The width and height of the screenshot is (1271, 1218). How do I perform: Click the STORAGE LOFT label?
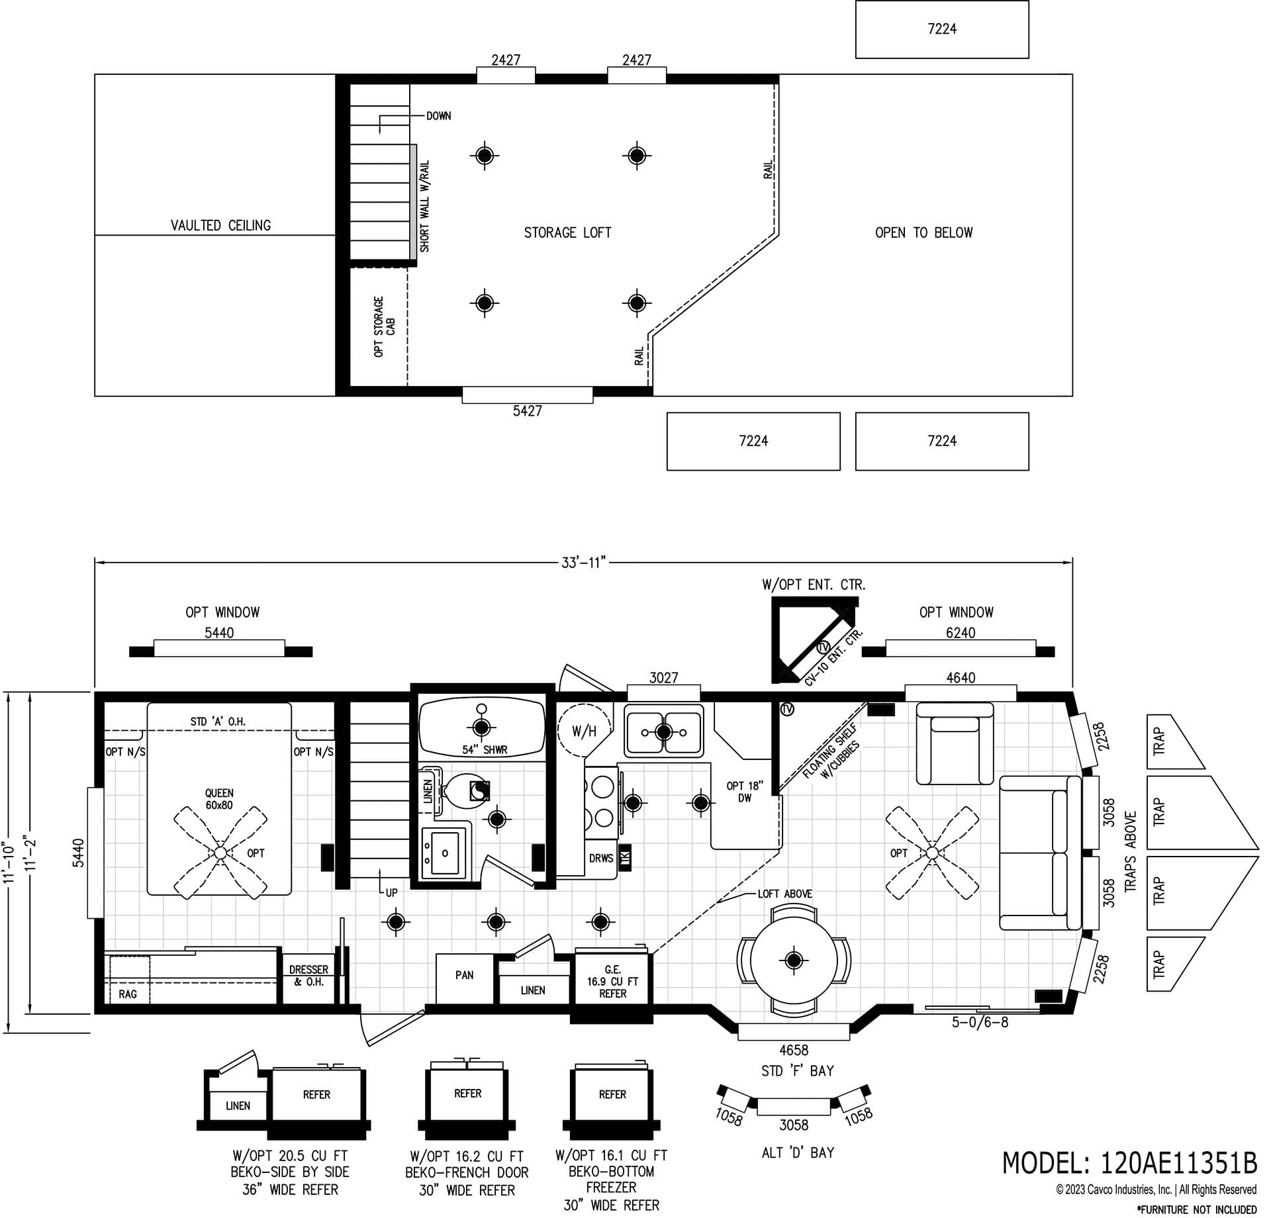coord(567,232)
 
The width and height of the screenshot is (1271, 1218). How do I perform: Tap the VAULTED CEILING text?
coord(220,225)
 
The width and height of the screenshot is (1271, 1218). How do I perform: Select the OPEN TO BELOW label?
coord(923,232)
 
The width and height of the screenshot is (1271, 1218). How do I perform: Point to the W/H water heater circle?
coord(584,731)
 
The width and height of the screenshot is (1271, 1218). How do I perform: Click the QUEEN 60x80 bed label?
coord(219,799)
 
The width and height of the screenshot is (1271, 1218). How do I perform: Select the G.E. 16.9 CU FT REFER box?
coord(612,982)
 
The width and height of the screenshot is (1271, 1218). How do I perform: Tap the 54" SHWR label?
coord(485,750)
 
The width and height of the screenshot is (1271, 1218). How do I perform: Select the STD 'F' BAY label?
coord(797,1070)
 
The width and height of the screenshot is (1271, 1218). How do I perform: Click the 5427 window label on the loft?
coord(527,411)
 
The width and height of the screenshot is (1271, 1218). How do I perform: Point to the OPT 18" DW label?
coord(745,792)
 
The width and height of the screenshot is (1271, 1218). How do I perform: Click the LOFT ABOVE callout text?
coord(784,894)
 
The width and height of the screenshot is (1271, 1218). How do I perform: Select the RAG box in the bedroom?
coord(128,994)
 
